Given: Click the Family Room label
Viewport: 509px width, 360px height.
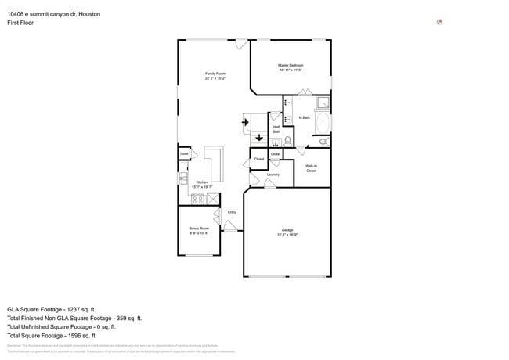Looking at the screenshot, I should [215, 76].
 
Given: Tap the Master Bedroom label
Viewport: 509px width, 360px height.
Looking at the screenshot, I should [291, 67].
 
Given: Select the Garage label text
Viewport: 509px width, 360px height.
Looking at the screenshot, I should [287, 232].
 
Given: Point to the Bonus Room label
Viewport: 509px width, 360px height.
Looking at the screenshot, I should [199, 230].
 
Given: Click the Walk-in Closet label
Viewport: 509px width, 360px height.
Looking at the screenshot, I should [311, 167].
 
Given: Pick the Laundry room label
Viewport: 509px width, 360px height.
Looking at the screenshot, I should [273, 175].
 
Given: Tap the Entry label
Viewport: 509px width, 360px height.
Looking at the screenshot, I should [232, 212].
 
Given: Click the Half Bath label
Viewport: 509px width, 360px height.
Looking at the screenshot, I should [276, 130].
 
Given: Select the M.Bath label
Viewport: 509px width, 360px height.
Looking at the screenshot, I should [305, 117].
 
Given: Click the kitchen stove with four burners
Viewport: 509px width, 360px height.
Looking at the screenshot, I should [199, 199].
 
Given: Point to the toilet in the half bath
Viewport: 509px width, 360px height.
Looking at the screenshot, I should [287, 141].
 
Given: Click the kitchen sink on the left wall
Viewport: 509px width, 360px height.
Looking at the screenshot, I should [182, 178].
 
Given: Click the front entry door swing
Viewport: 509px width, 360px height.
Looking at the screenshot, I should [231, 226].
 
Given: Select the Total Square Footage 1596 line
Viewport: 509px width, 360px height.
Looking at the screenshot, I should [61, 335].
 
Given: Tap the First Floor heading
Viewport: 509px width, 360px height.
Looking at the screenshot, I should [20, 23].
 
